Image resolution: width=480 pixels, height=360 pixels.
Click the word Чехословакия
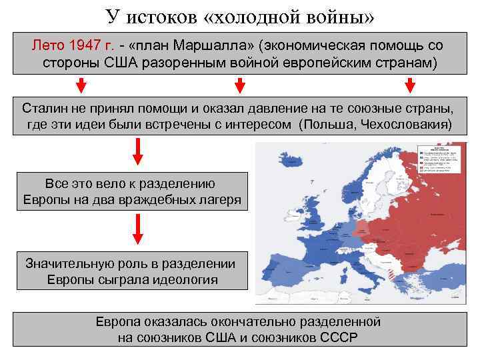411,125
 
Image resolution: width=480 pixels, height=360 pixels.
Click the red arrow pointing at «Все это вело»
137,152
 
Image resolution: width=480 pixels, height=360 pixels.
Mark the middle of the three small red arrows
240,85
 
